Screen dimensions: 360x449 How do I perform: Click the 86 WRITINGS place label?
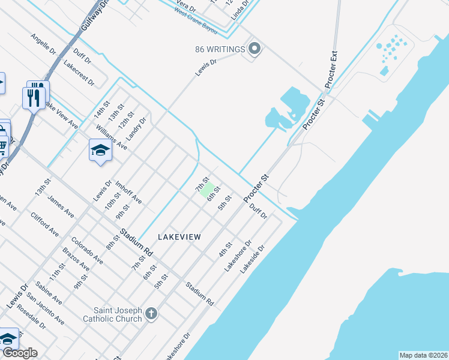coord(220,49)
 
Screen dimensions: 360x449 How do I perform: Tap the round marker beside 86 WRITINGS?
coord(254,49)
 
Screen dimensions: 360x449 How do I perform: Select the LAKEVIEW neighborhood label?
coord(179,238)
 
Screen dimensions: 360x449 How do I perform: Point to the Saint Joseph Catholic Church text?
coord(118,314)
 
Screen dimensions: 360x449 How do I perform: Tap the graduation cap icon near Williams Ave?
coord(100,151)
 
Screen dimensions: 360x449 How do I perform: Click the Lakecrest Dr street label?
coord(79,73)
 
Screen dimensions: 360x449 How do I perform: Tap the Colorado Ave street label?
coord(87,250)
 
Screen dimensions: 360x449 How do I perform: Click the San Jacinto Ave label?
coord(46,310)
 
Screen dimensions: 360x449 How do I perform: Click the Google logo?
coord(20,353)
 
